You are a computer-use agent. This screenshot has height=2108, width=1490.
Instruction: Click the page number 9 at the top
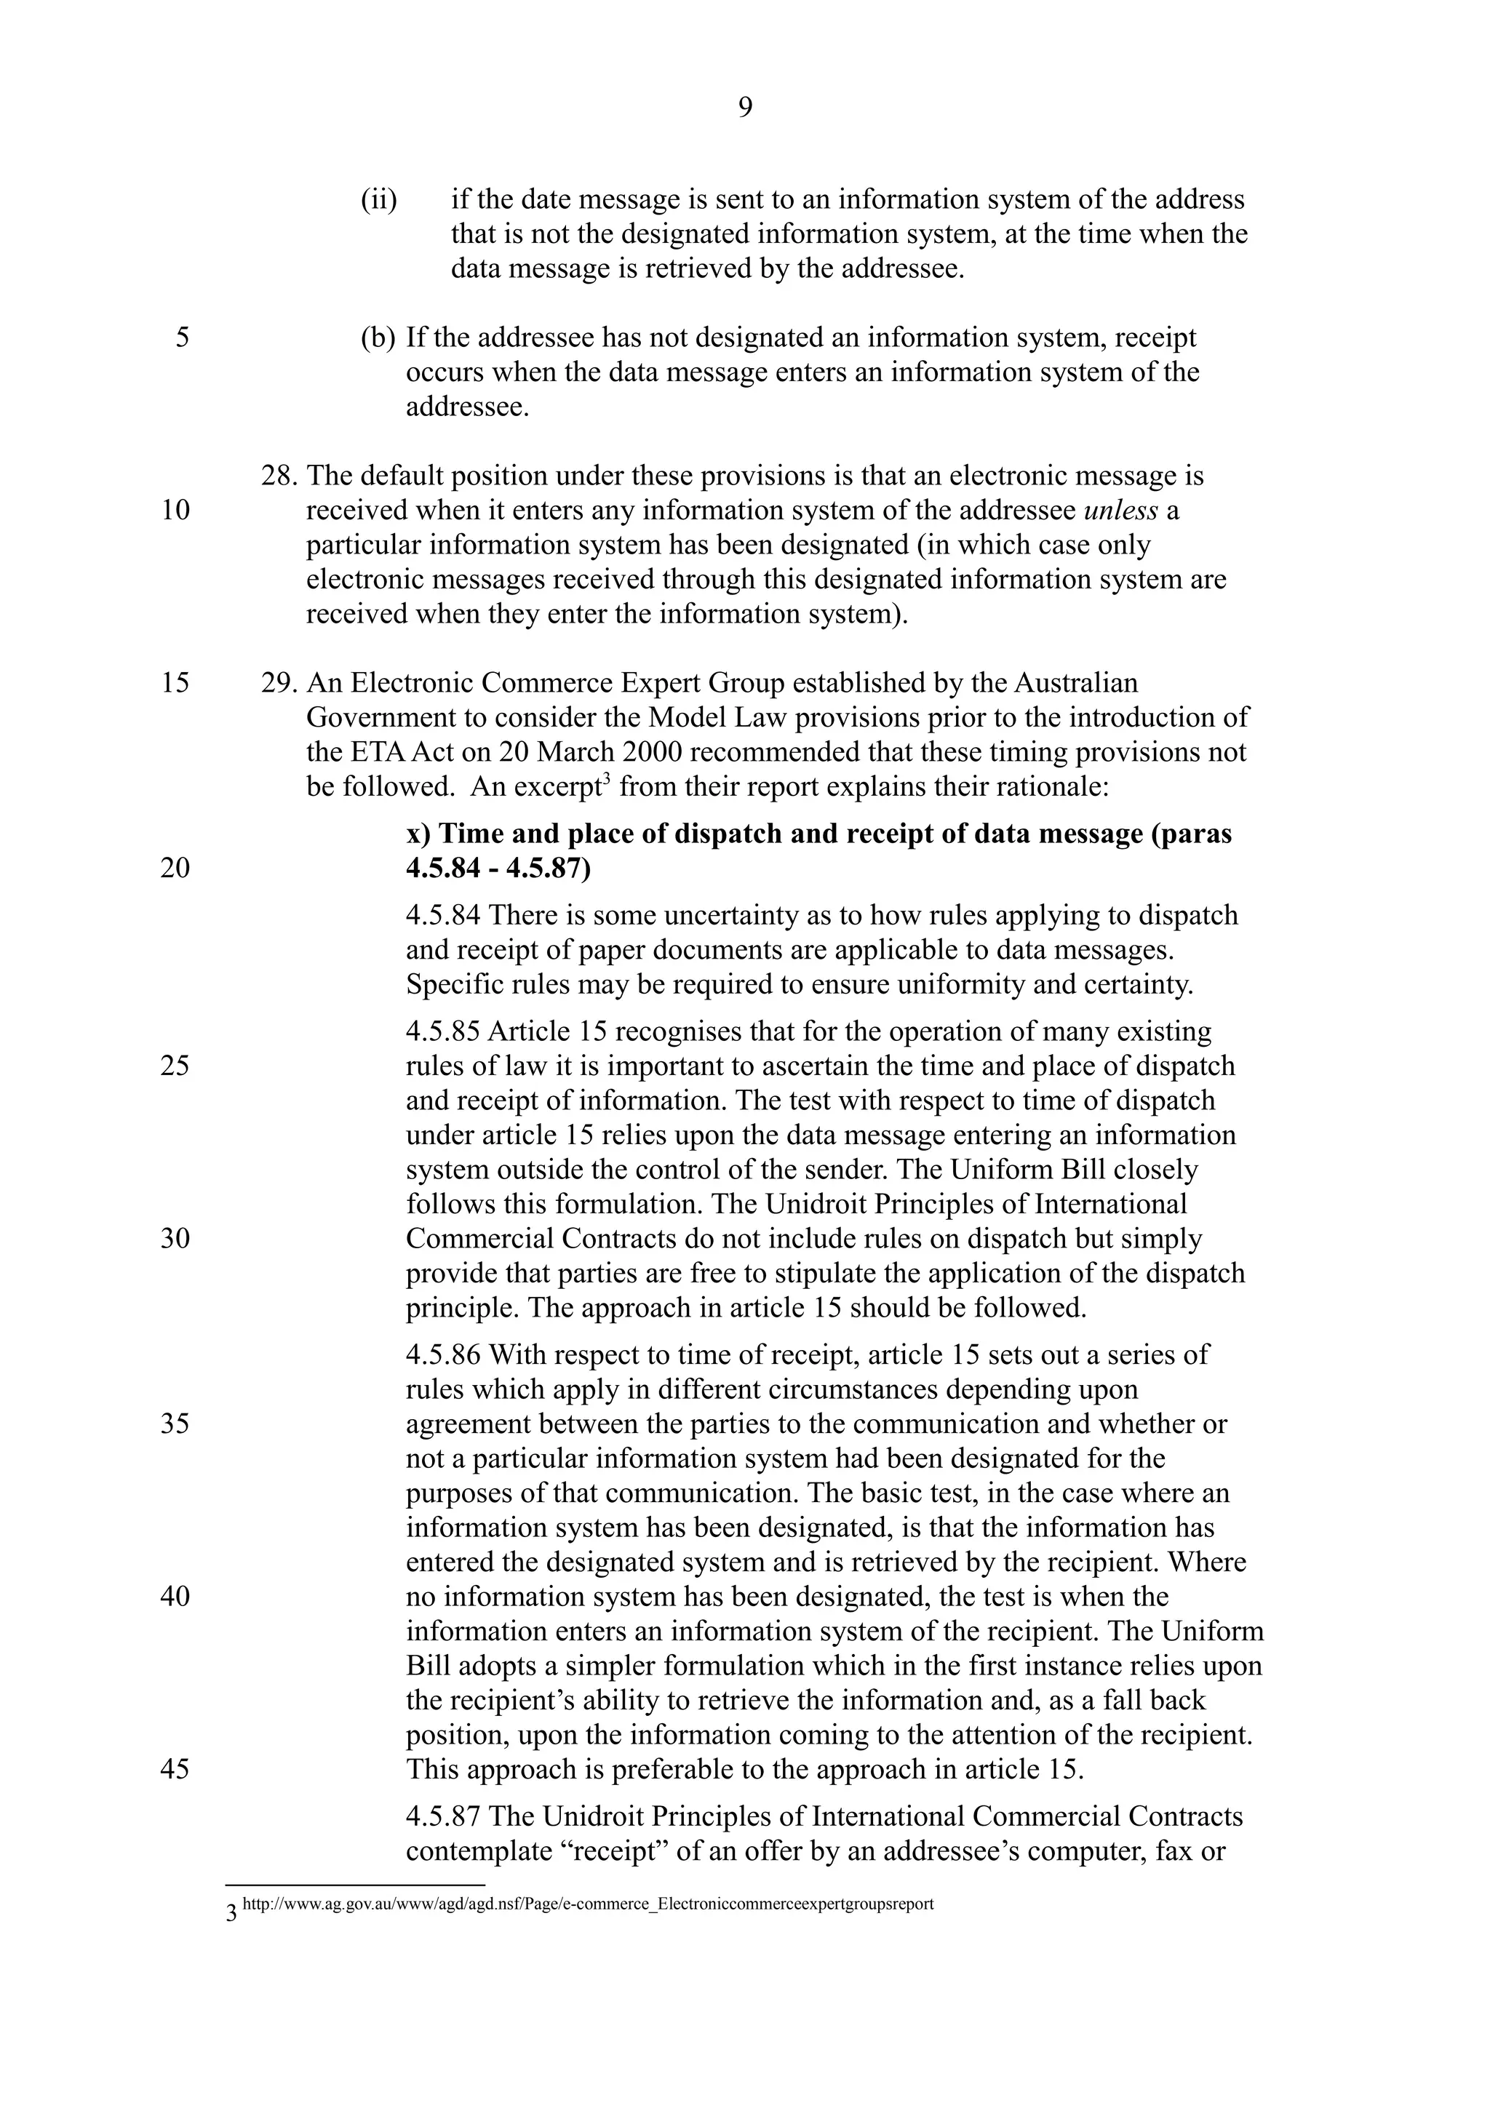(x=744, y=109)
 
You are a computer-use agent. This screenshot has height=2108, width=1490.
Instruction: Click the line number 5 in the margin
(x=183, y=338)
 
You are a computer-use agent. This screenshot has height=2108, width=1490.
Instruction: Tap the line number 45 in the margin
(x=175, y=1769)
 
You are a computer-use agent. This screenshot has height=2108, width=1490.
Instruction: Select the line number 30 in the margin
(x=175, y=1239)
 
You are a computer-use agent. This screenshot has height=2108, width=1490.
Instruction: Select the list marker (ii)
(x=378, y=200)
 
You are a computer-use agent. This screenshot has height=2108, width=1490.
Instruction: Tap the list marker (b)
(x=378, y=338)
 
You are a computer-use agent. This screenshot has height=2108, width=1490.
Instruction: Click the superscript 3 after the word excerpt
(x=606, y=780)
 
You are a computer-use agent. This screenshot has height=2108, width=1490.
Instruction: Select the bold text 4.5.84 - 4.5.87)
(x=498, y=869)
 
